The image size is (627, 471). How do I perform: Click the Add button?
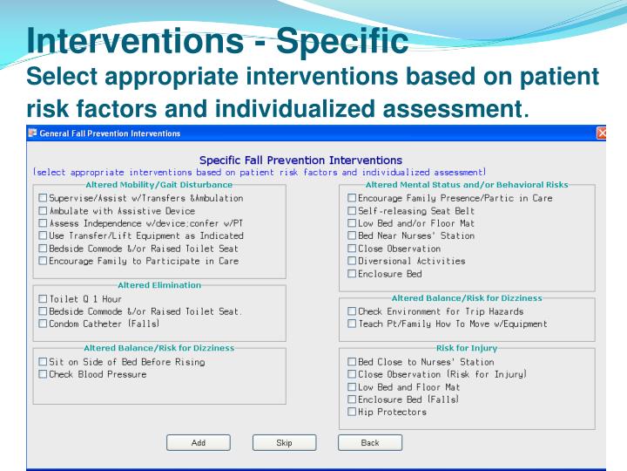(x=199, y=443)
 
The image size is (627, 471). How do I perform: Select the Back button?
(x=370, y=443)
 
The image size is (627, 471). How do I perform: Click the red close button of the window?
(x=602, y=133)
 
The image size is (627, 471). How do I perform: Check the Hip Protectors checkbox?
(x=352, y=412)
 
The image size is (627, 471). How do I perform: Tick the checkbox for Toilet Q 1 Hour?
(x=43, y=299)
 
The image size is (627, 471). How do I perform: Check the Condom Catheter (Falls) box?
(x=43, y=324)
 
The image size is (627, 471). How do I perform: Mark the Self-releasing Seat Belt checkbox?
(x=352, y=211)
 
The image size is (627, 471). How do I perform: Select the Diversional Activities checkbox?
(x=352, y=261)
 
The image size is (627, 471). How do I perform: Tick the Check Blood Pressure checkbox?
(x=43, y=374)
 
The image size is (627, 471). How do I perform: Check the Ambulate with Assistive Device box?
(x=43, y=211)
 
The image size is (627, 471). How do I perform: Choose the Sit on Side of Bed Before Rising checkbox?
(x=43, y=362)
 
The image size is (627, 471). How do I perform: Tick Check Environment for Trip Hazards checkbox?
(x=352, y=311)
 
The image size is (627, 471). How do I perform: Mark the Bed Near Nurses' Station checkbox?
(x=352, y=235)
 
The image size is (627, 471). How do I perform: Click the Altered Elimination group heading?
(x=159, y=285)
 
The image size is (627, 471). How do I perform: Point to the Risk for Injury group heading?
(x=466, y=348)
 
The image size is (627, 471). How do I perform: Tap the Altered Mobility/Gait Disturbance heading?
(x=159, y=185)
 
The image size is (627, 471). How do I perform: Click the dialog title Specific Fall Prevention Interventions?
(x=300, y=160)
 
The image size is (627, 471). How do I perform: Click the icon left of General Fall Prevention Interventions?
(x=32, y=133)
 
